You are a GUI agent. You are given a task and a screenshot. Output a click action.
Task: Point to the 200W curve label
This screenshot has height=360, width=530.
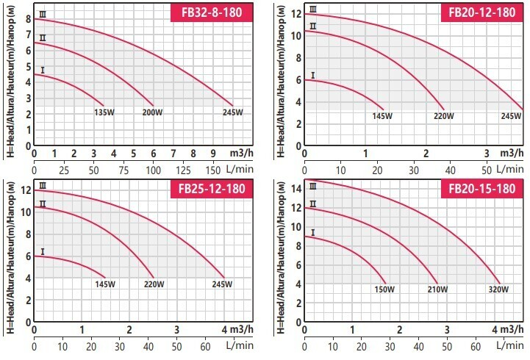click(153, 113)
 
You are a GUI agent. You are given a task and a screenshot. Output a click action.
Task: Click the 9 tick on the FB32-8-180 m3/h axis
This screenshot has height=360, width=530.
click(212, 153)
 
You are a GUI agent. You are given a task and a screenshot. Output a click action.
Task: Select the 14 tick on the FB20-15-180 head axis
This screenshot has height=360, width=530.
click(298, 188)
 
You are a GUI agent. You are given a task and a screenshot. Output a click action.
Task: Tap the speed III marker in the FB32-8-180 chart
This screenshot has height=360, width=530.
click(43, 14)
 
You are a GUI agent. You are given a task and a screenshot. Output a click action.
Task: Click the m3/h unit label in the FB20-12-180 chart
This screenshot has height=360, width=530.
click(509, 153)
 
